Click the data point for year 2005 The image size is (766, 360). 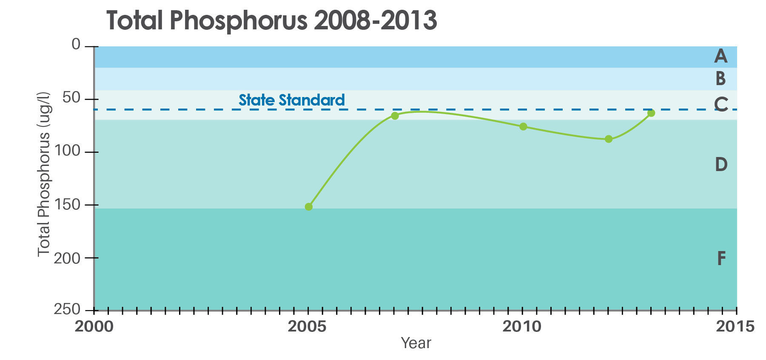[309, 207]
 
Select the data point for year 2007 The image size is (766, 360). [395, 116]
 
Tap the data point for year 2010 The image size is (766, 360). [523, 126]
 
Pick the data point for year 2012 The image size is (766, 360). [609, 139]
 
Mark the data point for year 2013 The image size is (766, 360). [651, 113]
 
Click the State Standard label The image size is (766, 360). [291, 100]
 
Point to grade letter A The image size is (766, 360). [720, 56]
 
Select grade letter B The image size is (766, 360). [720, 79]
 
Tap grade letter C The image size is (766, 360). [721, 104]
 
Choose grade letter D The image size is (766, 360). [721, 164]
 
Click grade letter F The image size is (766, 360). [721, 258]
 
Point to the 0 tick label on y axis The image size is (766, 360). [76, 44]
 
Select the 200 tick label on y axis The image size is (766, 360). [67, 258]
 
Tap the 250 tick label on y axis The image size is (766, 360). [67, 309]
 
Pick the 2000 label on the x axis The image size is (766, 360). [94, 327]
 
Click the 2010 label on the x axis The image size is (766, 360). [522, 327]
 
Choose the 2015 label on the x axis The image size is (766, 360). [735, 327]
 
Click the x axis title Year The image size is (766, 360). [416, 343]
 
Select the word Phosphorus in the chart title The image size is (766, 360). [238, 20]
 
